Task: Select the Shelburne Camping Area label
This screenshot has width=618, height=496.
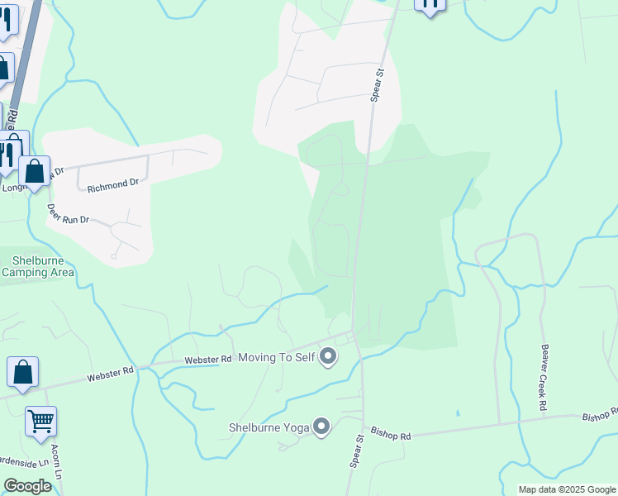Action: click(37, 266)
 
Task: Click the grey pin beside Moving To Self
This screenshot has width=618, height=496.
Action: click(328, 357)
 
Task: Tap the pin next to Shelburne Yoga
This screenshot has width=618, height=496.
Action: click(321, 427)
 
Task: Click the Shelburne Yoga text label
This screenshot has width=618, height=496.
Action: click(269, 427)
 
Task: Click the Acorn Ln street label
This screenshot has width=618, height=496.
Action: click(57, 462)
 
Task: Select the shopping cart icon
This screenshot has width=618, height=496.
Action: click(40, 422)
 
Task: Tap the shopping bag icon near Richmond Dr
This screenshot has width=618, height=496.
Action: click(35, 171)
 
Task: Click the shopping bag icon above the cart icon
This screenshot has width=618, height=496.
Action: click(23, 372)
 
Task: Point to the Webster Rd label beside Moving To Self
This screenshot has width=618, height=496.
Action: click(208, 360)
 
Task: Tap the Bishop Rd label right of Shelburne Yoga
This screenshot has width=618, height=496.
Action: click(391, 432)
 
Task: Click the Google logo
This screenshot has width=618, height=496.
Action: click(27, 486)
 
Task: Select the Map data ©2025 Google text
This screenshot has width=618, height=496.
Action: click(567, 489)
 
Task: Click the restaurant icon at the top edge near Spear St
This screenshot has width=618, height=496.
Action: click(430, 4)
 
